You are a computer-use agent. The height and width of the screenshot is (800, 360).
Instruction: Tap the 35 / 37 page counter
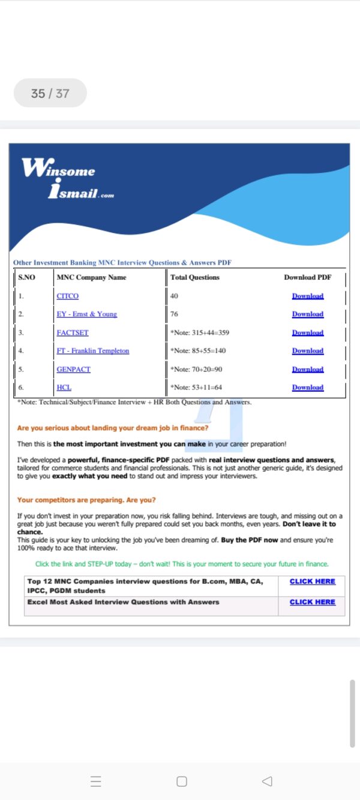tap(50, 93)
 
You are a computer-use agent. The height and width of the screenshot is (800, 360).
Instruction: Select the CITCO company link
tap(67, 296)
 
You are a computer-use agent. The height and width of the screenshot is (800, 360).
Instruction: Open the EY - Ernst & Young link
tap(86, 314)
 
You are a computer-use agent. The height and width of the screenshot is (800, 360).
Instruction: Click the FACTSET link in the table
tap(72, 332)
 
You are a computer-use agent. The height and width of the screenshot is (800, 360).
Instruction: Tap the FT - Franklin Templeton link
tap(92, 350)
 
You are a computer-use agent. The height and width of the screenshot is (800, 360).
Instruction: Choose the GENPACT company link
tap(73, 369)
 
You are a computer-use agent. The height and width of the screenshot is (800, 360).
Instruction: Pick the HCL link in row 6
tap(64, 387)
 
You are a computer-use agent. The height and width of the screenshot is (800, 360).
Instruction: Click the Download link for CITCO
tap(308, 296)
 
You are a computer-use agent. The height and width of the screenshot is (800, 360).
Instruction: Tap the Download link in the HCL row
tap(308, 387)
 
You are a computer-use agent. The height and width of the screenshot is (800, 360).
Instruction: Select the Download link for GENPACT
tap(308, 369)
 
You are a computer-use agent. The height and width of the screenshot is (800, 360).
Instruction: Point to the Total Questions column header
tap(195, 277)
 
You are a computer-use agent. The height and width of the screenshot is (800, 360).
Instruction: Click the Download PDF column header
tap(307, 277)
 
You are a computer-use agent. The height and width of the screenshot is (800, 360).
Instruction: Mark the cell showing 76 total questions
tap(174, 314)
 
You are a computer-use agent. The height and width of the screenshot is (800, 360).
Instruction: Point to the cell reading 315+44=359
tap(200, 332)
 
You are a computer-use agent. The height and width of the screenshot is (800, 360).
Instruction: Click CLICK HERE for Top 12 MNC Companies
tap(312, 582)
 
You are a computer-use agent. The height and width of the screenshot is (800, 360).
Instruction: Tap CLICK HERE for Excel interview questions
tap(312, 602)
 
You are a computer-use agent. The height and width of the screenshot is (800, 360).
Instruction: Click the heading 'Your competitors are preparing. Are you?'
tap(86, 500)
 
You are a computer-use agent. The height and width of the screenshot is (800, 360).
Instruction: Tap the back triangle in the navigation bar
tap(268, 781)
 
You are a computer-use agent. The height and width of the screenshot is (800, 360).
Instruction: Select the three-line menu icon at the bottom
tap(95, 781)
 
